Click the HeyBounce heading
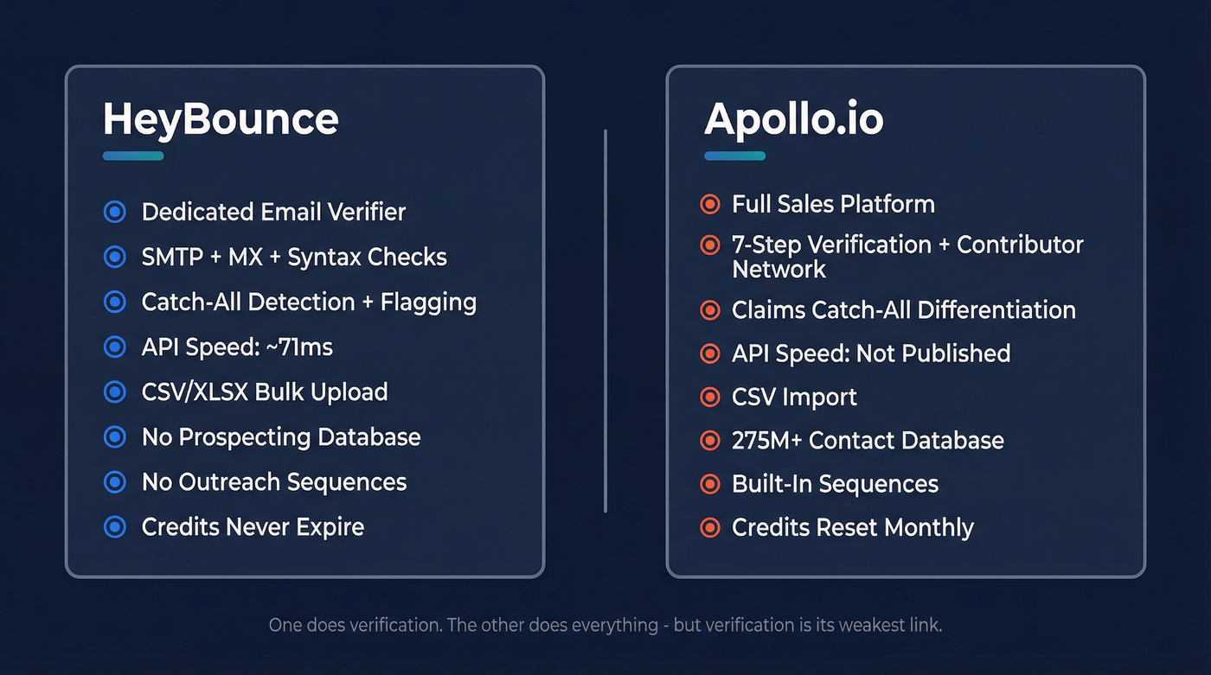click(x=221, y=118)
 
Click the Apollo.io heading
click(x=793, y=118)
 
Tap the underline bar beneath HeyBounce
click(x=133, y=156)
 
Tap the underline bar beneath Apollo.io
click(x=734, y=156)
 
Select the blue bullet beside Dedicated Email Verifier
click(x=114, y=212)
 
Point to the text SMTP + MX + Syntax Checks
click(x=294, y=257)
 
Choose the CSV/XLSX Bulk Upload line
click(x=264, y=392)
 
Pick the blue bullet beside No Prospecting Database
click(x=114, y=436)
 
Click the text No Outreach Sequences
click(x=273, y=481)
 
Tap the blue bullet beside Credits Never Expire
click(x=114, y=526)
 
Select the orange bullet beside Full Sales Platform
click(x=709, y=204)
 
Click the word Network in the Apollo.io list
click(x=778, y=270)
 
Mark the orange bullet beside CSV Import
click(x=709, y=397)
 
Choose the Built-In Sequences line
click(x=835, y=483)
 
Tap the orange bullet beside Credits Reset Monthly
click(x=709, y=527)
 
